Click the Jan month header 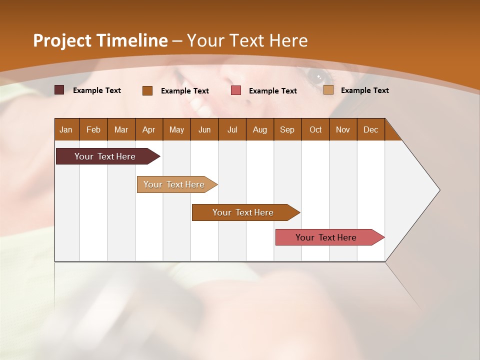click(x=66, y=129)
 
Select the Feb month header click(x=93, y=129)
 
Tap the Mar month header click(x=121, y=129)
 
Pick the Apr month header click(x=149, y=129)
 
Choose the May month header click(x=176, y=129)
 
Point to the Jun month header click(x=204, y=129)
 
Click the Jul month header click(x=232, y=129)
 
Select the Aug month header click(x=260, y=129)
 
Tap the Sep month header click(x=287, y=129)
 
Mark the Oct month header click(x=315, y=129)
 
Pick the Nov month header click(x=343, y=129)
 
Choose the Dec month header click(x=370, y=129)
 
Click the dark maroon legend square click(x=59, y=90)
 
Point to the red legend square click(x=236, y=90)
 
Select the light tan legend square click(x=328, y=90)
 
